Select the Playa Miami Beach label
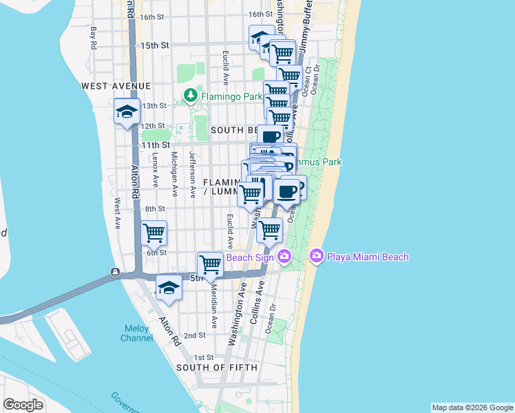pyautogui.click(x=368, y=257)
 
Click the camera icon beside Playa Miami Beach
pyautogui.click(x=317, y=257)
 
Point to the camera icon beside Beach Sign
pyautogui.click(x=284, y=257)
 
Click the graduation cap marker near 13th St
pyautogui.click(x=127, y=112)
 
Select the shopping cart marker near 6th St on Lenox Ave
pyautogui.click(x=154, y=233)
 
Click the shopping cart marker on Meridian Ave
pyautogui.click(x=209, y=264)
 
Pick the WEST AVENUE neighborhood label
pyautogui.click(x=116, y=86)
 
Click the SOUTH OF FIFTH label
pyautogui.click(x=217, y=368)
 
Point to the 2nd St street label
pyautogui.click(x=194, y=335)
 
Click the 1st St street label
pyautogui.click(x=203, y=357)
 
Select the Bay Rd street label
pyautogui.click(x=94, y=38)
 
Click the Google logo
pyautogui.click(x=23, y=405)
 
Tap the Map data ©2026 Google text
pyautogui.click(x=472, y=407)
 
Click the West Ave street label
pyautogui.click(x=118, y=214)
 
